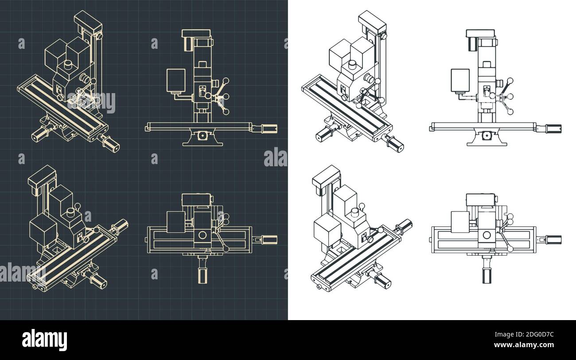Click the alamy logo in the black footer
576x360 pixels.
[x=45, y=340]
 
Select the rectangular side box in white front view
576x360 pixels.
[x=460, y=81]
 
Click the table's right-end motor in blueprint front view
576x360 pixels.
[x=269, y=128]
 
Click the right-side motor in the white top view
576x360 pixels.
[x=553, y=239]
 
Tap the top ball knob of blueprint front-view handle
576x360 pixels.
[x=226, y=81]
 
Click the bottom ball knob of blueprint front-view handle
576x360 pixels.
[x=226, y=112]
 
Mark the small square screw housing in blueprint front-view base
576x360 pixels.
[x=202, y=135]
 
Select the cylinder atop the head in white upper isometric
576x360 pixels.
[x=352, y=65]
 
